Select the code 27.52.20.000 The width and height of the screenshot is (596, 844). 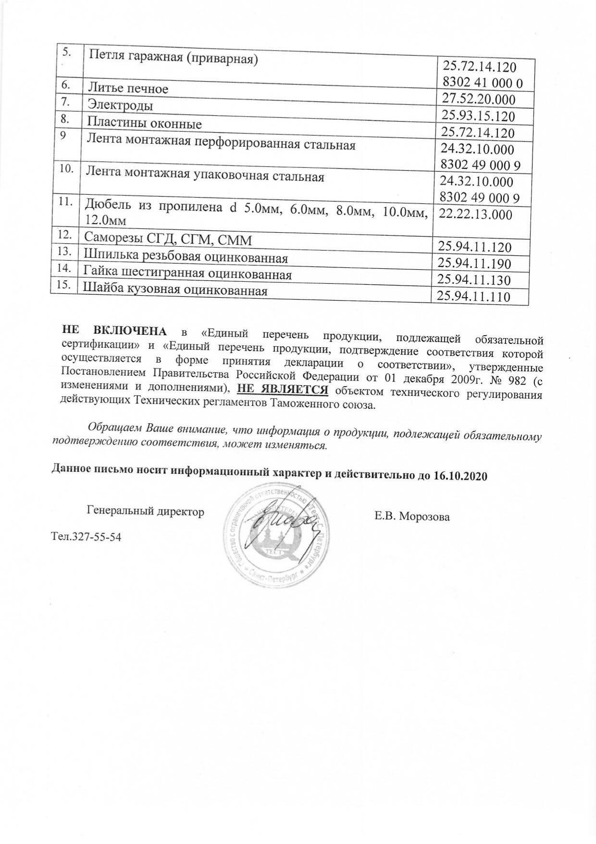click(x=478, y=100)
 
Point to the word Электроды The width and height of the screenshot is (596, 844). click(x=120, y=105)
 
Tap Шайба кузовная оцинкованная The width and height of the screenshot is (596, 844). click(x=175, y=290)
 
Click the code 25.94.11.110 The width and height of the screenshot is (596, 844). click(x=473, y=297)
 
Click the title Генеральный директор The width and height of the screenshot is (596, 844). click(x=145, y=511)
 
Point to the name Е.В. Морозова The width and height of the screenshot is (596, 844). click(x=412, y=517)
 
